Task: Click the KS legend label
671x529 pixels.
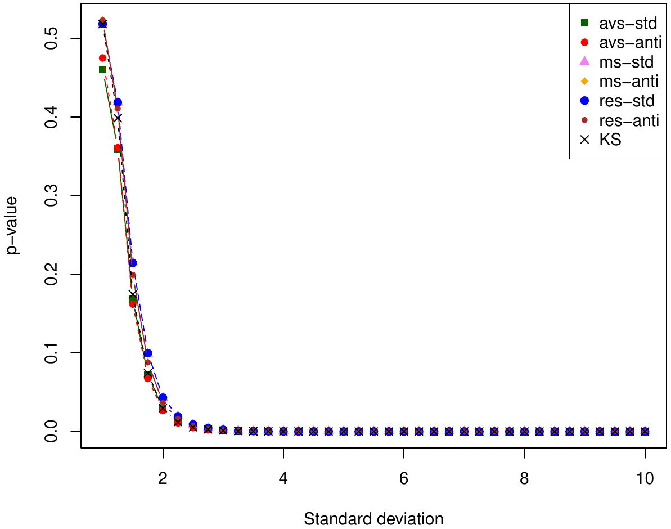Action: (x=610, y=140)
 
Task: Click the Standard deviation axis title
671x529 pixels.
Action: (x=373, y=518)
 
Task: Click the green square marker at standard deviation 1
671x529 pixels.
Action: (x=102, y=69)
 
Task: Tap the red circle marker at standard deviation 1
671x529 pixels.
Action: (x=102, y=58)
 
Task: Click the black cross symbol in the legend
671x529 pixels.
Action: (x=584, y=140)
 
